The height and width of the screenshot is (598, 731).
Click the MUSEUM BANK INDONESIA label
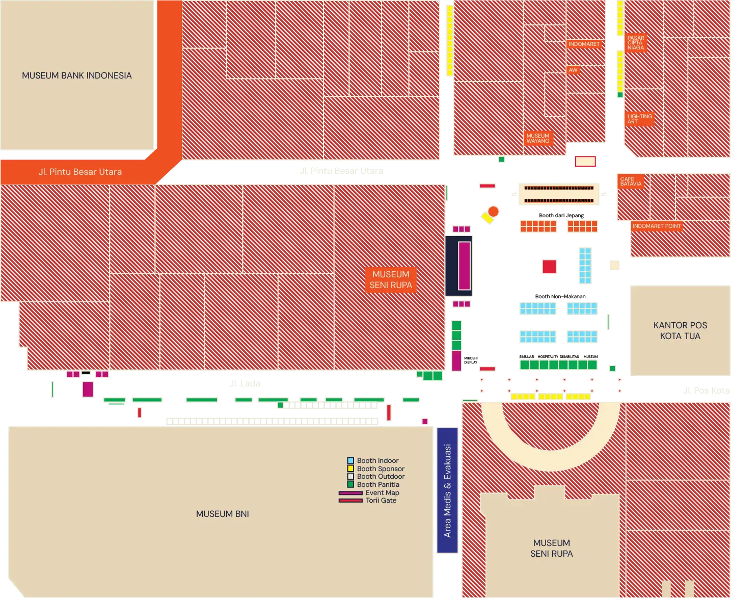point(76,75)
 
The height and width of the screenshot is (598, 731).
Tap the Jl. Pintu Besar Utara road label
point(80,172)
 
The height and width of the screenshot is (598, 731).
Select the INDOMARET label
point(584,44)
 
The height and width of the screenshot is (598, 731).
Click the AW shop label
point(573,70)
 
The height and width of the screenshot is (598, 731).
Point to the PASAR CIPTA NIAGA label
point(635,43)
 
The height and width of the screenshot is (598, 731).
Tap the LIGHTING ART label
point(639,119)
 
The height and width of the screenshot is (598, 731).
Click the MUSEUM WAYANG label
point(538,138)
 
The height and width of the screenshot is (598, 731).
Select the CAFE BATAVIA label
point(631,181)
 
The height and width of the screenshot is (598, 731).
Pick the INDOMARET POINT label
point(656,226)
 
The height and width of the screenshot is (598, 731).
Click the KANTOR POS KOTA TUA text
point(680,330)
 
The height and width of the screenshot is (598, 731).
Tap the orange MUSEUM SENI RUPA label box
point(391,279)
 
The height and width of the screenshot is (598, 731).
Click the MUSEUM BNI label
point(222,514)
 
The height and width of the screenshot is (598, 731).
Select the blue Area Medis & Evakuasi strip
point(447,490)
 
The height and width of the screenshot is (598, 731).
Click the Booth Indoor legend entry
point(377,460)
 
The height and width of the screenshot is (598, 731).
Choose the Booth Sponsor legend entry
point(380,469)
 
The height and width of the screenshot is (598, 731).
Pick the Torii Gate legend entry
point(380,500)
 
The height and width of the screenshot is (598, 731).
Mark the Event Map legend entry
point(382,492)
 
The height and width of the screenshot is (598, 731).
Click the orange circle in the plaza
point(493,211)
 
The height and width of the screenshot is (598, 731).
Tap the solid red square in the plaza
point(549,266)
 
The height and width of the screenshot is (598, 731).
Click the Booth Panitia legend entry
point(377,484)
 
